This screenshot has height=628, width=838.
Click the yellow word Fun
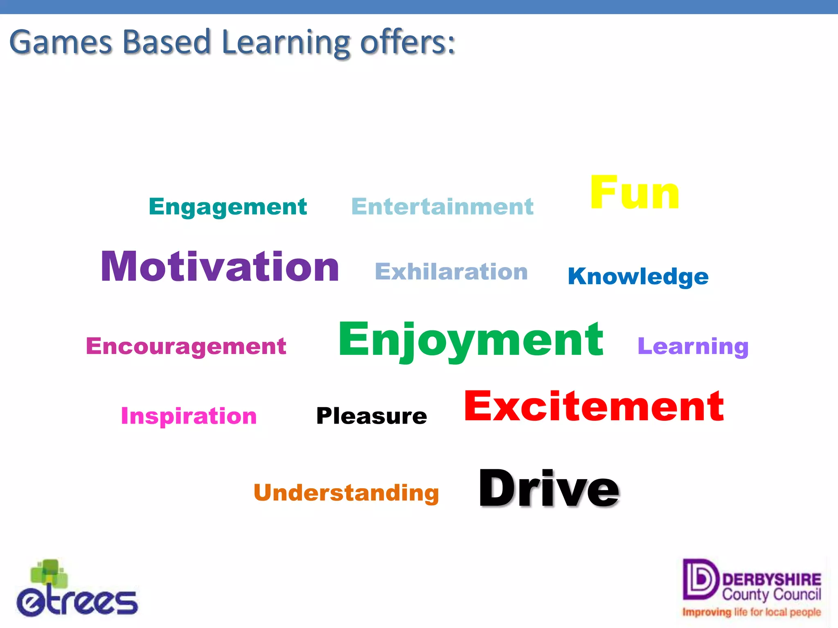(x=634, y=193)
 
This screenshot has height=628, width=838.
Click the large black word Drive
(x=549, y=489)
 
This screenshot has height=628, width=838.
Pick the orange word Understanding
(x=346, y=493)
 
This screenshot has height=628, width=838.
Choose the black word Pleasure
(x=372, y=416)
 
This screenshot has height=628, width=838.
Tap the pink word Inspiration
(x=189, y=416)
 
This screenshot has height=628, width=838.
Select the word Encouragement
(x=186, y=346)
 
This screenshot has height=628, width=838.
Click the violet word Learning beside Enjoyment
(x=693, y=347)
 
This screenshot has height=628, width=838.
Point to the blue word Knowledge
(x=638, y=276)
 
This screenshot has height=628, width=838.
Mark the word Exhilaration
(x=451, y=272)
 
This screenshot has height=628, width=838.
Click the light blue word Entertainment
(x=442, y=206)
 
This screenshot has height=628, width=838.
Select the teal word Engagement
(x=228, y=206)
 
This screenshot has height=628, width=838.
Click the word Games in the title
(x=61, y=43)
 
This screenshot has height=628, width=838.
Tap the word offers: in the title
(x=407, y=42)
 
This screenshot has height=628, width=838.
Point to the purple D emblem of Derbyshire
(x=700, y=579)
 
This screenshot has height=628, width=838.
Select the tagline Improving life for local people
(x=751, y=612)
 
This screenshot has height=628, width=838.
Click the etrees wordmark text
(x=78, y=602)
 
